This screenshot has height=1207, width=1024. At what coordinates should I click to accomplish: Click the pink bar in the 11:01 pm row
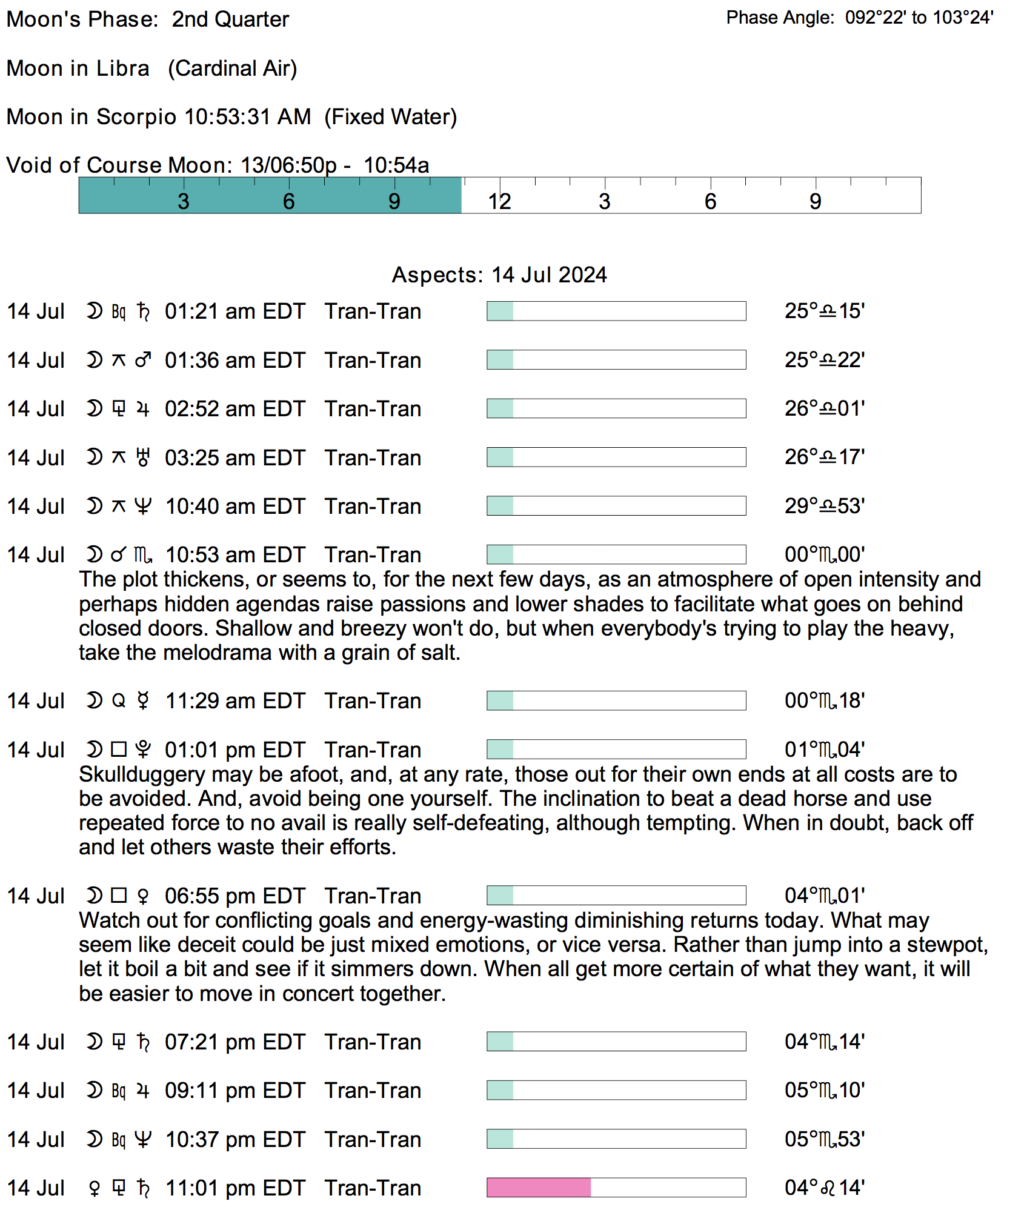click(539, 1188)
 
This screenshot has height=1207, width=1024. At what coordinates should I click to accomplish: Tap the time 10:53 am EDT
click(235, 555)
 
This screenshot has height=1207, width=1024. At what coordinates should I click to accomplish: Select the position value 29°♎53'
click(825, 506)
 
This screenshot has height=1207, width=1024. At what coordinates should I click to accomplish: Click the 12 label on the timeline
click(500, 202)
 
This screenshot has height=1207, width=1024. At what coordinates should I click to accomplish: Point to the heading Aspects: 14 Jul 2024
click(499, 275)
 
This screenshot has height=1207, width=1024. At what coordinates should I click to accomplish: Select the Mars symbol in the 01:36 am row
click(143, 361)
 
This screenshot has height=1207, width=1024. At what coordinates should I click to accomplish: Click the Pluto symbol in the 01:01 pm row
click(143, 750)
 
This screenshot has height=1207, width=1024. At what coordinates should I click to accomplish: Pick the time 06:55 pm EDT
click(235, 896)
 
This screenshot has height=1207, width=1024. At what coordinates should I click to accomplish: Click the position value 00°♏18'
click(825, 701)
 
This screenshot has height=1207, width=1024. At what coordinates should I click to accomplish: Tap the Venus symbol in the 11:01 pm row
click(94, 1188)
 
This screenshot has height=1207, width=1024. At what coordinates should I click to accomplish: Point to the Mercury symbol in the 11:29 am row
click(143, 701)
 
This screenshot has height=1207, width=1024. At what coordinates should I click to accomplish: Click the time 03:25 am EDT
click(235, 458)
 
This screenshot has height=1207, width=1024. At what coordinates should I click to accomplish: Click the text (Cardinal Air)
click(233, 68)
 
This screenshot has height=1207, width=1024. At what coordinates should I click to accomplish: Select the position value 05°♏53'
click(825, 1139)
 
